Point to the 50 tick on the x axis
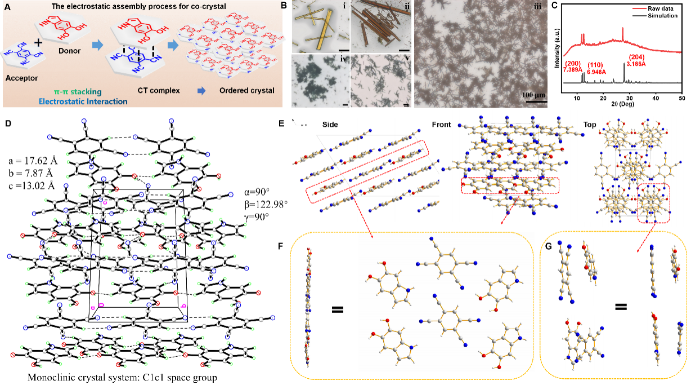pos(681,98)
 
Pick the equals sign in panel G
pos(621,307)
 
